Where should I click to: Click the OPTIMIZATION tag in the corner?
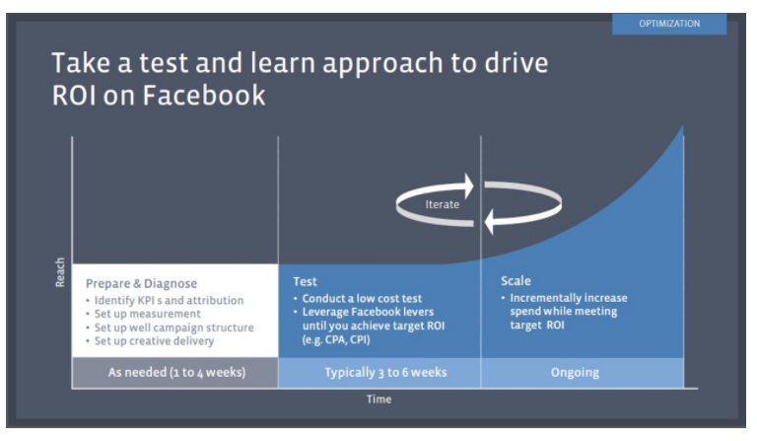[x=669, y=24]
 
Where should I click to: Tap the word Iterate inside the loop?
[x=442, y=203]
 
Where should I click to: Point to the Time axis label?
[x=378, y=400]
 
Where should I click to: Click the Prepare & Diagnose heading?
[x=141, y=282]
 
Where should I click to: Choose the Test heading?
[x=305, y=282]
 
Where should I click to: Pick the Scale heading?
[x=516, y=282]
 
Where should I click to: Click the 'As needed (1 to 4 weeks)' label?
[x=175, y=372]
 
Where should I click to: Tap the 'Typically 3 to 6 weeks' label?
[x=379, y=372]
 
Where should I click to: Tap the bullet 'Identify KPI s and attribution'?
[x=169, y=300]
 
